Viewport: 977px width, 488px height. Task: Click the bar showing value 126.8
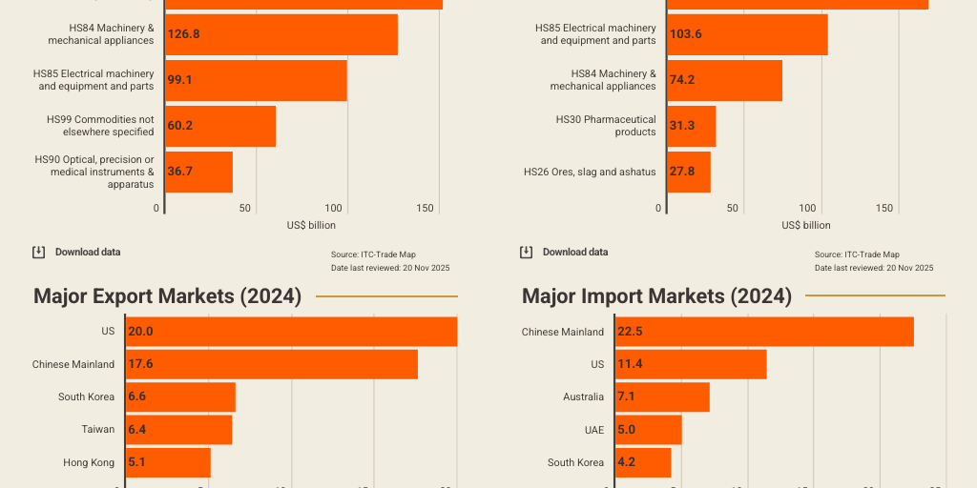(x=281, y=34)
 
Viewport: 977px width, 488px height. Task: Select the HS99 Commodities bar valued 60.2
(x=220, y=126)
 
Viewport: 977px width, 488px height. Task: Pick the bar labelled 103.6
(x=747, y=34)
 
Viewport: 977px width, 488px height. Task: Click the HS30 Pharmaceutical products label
(x=606, y=126)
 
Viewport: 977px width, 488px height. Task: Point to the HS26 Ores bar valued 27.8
(x=689, y=172)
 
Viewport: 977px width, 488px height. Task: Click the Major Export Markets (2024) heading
(x=168, y=296)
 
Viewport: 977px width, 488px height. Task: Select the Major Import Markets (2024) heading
(x=656, y=296)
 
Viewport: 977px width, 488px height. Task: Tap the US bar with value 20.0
(x=291, y=332)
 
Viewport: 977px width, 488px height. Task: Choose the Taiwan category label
(x=97, y=430)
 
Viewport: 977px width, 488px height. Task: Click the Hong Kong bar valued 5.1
(x=168, y=463)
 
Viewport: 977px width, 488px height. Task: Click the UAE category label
(x=593, y=430)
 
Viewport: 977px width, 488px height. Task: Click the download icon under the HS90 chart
(x=38, y=253)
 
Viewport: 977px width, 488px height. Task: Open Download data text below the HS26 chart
(x=574, y=253)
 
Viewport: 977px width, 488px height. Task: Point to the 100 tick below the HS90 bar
(x=334, y=208)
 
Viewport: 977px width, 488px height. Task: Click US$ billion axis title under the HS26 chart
(x=805, y=226)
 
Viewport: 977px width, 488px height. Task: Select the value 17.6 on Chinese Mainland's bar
(x=140, y=364)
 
